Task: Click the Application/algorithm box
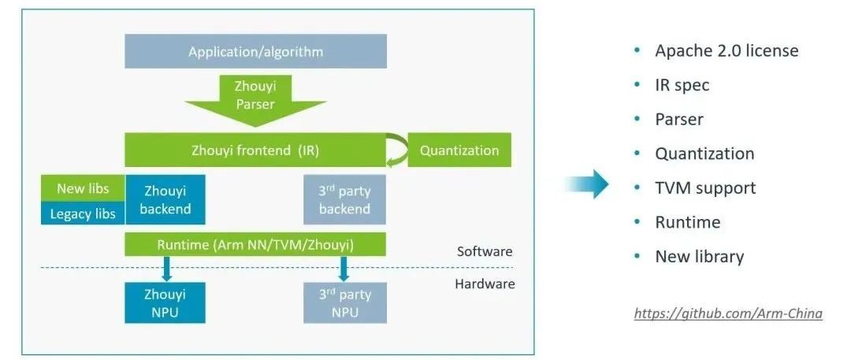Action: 255,52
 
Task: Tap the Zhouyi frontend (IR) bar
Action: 255,150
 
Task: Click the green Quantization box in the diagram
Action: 459,150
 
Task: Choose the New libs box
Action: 83,188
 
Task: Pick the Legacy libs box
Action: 83,213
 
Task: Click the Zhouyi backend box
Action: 165,199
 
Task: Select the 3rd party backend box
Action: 345,199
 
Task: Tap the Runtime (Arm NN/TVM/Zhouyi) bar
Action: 255,244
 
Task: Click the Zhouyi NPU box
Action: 165,302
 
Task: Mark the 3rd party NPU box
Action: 345,302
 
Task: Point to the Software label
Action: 485,252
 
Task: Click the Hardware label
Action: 485,284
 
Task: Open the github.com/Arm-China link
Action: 728,314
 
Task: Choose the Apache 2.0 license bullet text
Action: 727,51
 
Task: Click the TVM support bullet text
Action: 704,187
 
